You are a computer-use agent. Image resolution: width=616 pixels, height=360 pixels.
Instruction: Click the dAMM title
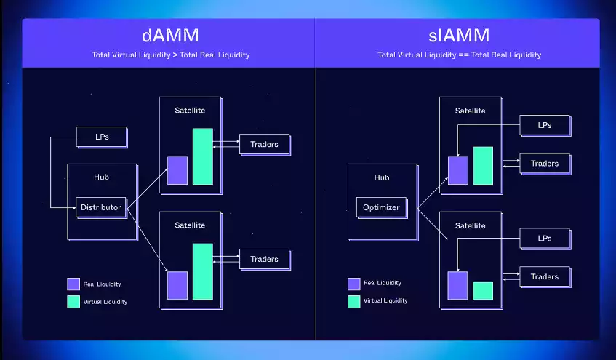tap(170, 36)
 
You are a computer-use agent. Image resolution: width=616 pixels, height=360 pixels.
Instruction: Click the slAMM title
tap(459, 36)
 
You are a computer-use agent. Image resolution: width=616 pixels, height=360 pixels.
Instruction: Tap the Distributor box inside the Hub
tap(101, 207)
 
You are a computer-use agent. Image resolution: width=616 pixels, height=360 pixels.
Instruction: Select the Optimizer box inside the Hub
tap(382, 207)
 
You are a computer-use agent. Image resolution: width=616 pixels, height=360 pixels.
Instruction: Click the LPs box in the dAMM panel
tap(102, 137)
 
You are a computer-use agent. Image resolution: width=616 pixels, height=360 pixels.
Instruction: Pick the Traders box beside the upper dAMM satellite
tap(265, 145)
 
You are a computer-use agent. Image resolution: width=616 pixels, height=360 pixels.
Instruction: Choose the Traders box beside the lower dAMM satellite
tap(265, 260)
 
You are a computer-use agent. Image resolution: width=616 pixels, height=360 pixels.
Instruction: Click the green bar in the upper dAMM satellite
tap(203, 156)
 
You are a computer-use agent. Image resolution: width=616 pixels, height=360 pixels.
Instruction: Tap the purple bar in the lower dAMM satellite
tap(177, 285)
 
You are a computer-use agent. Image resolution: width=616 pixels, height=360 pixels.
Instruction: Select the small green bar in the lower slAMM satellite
tap(483, 291)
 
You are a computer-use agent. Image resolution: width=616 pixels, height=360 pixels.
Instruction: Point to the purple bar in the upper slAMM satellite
tap(457, 171)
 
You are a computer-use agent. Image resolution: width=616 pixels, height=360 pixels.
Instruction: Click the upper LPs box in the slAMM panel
tap(545, 125)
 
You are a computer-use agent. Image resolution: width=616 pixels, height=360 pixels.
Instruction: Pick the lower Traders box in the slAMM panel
tap(545, 276)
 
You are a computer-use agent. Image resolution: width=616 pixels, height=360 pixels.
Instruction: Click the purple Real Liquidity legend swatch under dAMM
tap(73, 284)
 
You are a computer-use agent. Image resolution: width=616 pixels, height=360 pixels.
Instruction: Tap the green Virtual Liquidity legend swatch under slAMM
tap(354, 301)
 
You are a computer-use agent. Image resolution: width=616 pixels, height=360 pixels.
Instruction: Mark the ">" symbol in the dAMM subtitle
tap(175, 55)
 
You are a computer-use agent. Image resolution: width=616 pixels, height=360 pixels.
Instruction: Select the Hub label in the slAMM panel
tap(382, 177)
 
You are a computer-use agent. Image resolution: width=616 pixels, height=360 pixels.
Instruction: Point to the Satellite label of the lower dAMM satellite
tap(190, 225)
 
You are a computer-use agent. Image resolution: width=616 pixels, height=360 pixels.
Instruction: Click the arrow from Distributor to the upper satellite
tap(148, 188)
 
